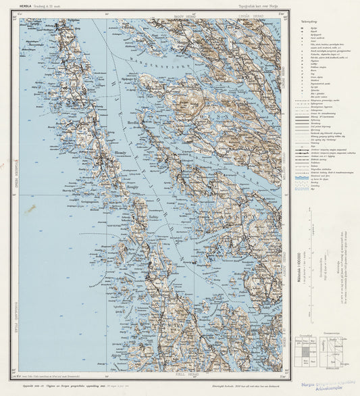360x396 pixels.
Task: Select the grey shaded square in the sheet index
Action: (306, 351)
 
